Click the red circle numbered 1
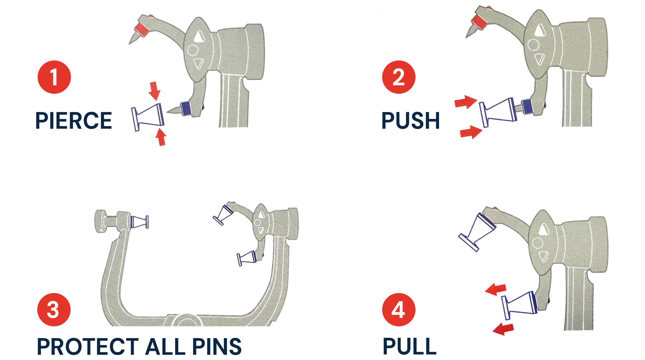(x=54, y=77)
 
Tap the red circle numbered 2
(x=399, y=77)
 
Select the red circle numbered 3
(x=54, y=309)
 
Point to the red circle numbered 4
(x=399, y=309)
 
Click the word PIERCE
(x=74, y=121)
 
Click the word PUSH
(x=411, y=121)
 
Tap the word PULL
(x=409, y=346)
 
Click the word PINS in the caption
(x=217, y=346)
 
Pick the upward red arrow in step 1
(x=161, y=137)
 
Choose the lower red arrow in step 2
(x=471, y=132)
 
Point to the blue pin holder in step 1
(x=186, y=108)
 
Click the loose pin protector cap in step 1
(x=148, y=117)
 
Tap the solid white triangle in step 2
(x=540, y=30)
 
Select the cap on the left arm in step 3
(x=140, y=222)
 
